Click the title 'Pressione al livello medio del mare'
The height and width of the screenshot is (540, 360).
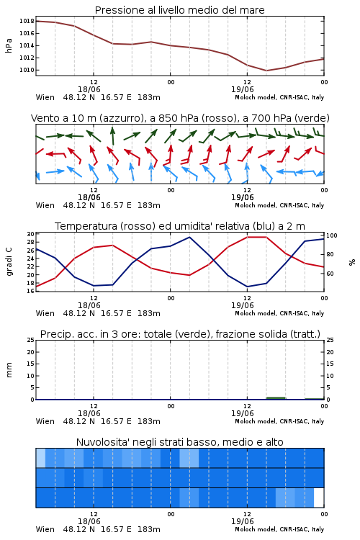179,10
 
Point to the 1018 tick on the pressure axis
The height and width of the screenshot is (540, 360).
27,21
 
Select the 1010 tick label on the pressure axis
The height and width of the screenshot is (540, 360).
27,70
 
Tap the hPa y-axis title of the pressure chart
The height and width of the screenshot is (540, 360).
9,45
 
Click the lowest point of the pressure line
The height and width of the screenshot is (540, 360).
266,71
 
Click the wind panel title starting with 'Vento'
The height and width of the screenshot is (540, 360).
180,118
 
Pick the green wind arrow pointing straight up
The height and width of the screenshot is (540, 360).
112,135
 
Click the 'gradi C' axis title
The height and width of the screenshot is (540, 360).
9,262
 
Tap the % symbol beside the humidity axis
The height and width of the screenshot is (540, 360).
352,262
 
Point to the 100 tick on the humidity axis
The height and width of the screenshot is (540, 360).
332,236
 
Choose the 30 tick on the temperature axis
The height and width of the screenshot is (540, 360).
30,234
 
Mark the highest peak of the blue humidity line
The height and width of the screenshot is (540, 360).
189,237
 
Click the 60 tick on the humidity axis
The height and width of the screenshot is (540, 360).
330,274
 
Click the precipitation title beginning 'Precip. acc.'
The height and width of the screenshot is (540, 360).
180,334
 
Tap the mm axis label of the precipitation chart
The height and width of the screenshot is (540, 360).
9,370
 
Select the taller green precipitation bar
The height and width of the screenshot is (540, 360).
276,398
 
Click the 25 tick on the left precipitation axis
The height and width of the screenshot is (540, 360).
30,341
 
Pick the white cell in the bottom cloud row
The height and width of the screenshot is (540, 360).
319,498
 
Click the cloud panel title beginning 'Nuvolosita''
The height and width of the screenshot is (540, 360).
180,442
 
